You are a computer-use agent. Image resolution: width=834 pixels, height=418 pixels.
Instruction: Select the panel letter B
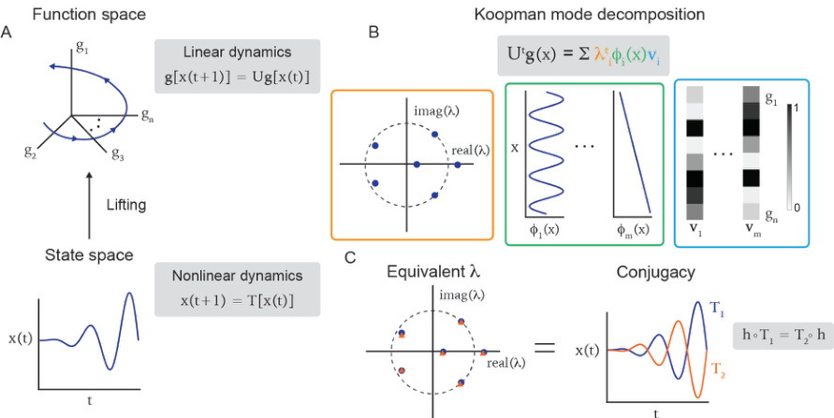[x=373, y=33]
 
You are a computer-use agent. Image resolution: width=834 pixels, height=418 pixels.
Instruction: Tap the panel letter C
[x=349, y=256]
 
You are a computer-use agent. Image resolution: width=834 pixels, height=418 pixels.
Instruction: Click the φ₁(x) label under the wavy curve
[x=544, y=229]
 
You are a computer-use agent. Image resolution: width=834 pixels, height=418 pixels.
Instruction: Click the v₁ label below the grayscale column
[x=694, y=230]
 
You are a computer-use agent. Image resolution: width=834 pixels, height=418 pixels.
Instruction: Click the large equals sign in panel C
[x=544, y=348]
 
